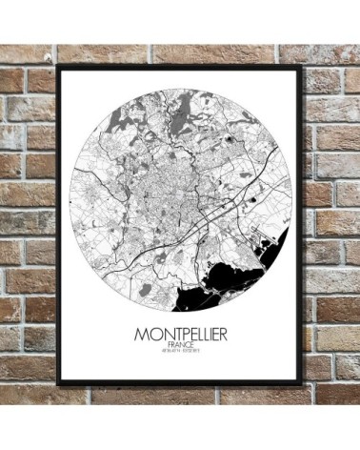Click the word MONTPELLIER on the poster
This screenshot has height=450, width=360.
point(179,337)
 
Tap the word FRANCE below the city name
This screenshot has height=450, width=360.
point(179,350)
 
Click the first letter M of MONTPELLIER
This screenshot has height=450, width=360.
point(130,337)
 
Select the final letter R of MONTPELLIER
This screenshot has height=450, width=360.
point(229,337)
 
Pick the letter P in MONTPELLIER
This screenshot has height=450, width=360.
point(173,337)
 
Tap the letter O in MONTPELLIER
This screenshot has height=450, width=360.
point(142,337)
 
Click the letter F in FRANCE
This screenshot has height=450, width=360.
point(167,350)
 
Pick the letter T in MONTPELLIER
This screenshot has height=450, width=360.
point(164,337)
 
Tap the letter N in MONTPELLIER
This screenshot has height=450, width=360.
point(153,337)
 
